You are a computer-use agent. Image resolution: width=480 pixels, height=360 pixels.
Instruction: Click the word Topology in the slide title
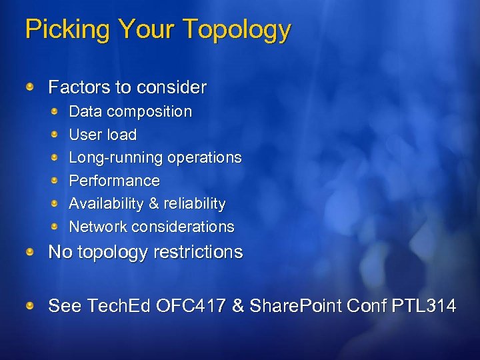(237, 30)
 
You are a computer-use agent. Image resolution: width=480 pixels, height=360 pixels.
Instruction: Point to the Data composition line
(130, 111)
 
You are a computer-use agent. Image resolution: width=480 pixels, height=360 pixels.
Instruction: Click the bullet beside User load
(57, 134)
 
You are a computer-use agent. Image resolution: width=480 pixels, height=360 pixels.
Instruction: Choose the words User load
(103, 135)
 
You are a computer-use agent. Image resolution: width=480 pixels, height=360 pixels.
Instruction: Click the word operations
(205, 158)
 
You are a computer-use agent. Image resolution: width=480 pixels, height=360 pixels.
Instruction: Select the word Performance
(114, 181)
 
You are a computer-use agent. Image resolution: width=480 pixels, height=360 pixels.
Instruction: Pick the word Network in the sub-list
(97, 227)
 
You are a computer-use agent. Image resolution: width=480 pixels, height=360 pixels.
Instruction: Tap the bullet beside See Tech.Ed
(31, 305)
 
